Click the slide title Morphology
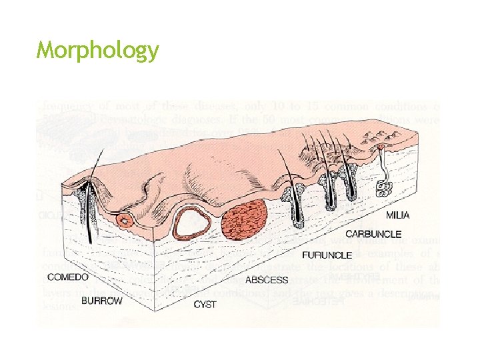(x=98, y=51)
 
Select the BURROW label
(x=102, y=301)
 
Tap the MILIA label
(x=398, y=215)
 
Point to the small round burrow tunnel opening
(x=124, y=219)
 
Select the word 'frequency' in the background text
(x=65, y=105)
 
